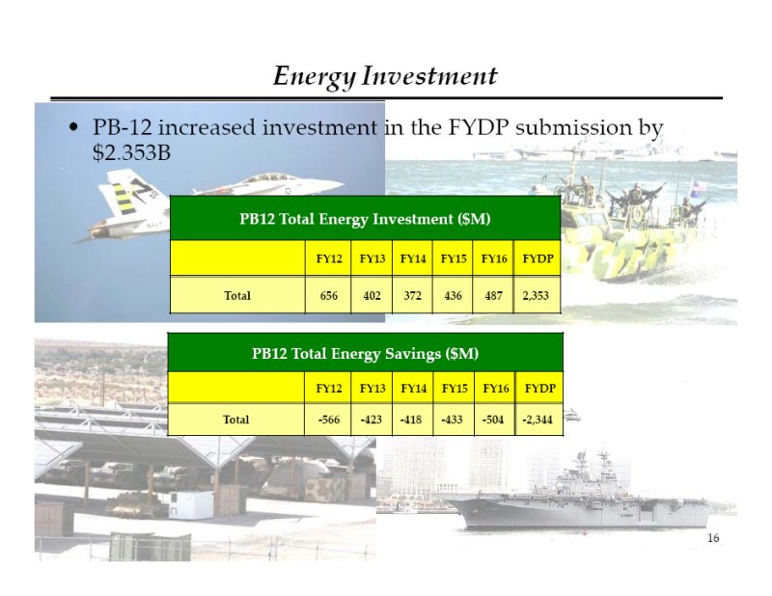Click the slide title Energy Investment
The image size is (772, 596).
(385, 76)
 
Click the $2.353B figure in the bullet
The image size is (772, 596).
(131, 152)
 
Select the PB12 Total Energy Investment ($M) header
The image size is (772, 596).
(365, 219)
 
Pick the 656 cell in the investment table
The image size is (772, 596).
(328, 295)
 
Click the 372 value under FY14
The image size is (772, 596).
(413, 295)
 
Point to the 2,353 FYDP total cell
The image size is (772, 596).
(536, 295)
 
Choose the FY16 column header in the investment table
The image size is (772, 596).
(494, 258)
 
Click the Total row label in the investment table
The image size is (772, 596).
(237, 295)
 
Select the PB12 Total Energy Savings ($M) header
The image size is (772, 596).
(365, 353)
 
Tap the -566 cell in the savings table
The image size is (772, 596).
(329, 420)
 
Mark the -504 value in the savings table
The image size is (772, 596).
(493, 420)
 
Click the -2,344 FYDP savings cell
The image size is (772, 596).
(538, 420)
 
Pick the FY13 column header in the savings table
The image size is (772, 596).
(372, 389)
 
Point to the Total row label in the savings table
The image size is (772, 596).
(235, 420)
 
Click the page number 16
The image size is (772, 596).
(713, 538)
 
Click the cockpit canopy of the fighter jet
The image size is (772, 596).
(267, 177)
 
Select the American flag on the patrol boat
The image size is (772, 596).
(698, 186)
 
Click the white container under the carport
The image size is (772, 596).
(192, 504)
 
